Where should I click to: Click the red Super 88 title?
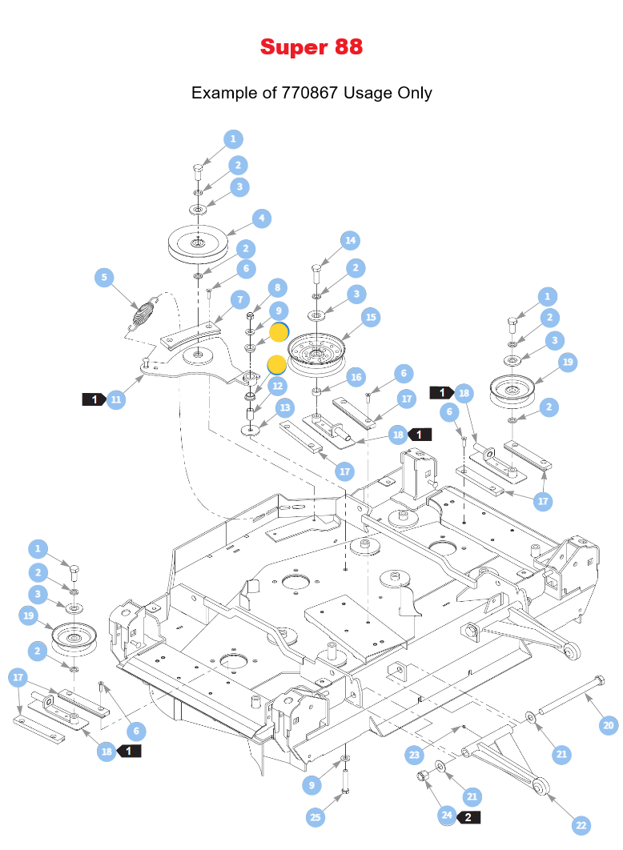(311, 47)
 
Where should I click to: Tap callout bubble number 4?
(262, 218)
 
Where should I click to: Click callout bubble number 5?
(103, 278)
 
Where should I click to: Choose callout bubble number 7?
(239, 299)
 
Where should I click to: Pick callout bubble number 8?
(278, 287)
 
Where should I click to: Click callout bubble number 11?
(117, 399)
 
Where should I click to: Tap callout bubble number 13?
(285, 407)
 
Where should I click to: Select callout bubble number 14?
(350, 240)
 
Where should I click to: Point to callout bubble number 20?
(609, 726)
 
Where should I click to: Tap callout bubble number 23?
(414, 754)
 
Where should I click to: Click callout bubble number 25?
(316, 816)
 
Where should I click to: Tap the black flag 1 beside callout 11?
(94, 399)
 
